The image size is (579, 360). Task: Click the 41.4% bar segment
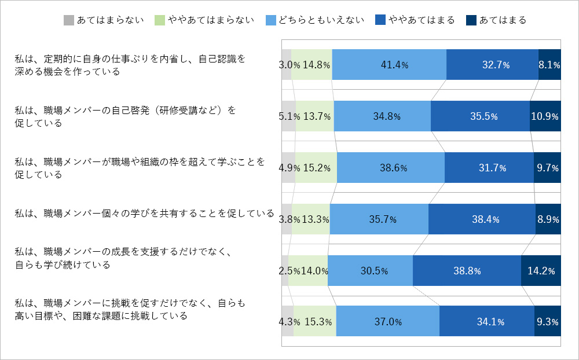pyautogui.click(x=389, y=65)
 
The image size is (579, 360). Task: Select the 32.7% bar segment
pyautogui.click(x=492, y=65)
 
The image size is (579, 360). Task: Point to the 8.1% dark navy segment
pyautogui.click(x=549, y=65)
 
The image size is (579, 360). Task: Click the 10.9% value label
pyautogui.click(x=545, y=116)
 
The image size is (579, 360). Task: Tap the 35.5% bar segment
pyautogui.click(x=480, y=116)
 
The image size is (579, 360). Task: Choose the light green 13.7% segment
pyautogui.click(x=315, y=116)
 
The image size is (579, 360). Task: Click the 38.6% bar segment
pyautogui.click(x=390, y=168)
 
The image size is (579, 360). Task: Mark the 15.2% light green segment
pyautogui.click(x=316, y=168)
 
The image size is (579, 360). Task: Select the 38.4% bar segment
pyautogui.click(x=482, y=219)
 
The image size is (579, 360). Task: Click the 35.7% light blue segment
pyautogui.click(x=379, y=219)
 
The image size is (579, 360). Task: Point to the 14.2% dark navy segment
pyautogui.click(x=541, y=270)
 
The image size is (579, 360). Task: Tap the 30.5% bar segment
pyautogui.click(x=370, y=270)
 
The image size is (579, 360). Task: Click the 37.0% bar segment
pyautogui.click(x=387, y=321)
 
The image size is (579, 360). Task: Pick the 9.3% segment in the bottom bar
pyautogui.click(x=547, y=321)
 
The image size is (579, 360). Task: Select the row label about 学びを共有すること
pyautogui.click(x=144, y=213)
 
